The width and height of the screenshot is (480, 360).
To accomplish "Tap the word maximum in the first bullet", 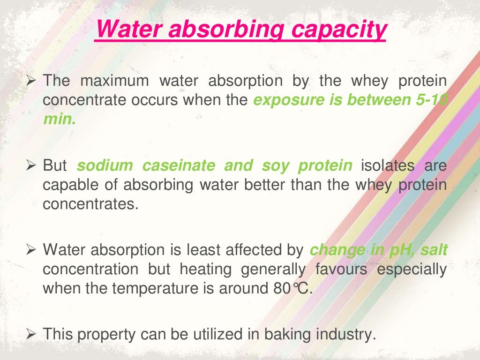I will pos(114,81).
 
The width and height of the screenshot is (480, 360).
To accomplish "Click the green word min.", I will pos(59,119).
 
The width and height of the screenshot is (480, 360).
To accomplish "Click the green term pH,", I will pos(401,250).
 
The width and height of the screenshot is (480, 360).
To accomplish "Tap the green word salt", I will pos(434,250).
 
